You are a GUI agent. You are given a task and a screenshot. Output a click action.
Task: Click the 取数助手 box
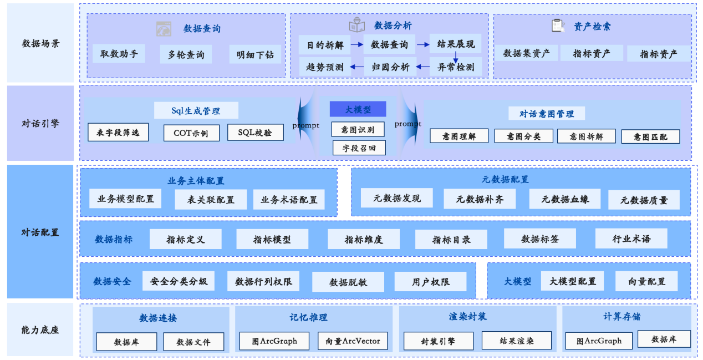(119, 54)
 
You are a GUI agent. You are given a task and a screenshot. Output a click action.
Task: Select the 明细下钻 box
(254, 54)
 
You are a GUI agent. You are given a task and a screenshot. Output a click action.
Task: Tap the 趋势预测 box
(325, 67)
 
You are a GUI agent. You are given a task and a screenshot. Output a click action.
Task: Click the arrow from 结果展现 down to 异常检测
(456, 57)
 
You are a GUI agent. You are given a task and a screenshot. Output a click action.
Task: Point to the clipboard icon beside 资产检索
(557, 26)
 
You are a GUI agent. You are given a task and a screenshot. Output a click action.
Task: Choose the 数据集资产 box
(526, 53)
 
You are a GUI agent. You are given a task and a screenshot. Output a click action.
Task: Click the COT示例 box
(191, 133)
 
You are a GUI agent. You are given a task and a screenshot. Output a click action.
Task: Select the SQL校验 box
(256, 132)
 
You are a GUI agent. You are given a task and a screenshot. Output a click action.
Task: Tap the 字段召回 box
(359, 148)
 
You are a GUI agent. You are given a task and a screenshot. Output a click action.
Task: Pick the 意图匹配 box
(650, 136)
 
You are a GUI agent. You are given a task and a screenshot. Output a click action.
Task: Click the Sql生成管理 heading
(196, 110)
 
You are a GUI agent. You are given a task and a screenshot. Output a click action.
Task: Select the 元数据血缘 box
(565, 199)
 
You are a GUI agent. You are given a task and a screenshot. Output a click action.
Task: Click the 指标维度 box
(364, 240)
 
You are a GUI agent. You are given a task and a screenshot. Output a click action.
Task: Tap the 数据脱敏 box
(348, 282)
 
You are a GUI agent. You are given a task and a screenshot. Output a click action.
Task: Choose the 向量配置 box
(646, 281)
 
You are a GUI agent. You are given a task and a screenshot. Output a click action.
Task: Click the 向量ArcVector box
(353, 341)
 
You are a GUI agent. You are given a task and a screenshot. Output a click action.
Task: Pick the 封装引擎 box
(438, 341)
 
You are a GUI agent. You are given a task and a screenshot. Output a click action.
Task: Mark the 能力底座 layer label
(40, 329)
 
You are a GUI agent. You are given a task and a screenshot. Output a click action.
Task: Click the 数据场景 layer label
(40, 43)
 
